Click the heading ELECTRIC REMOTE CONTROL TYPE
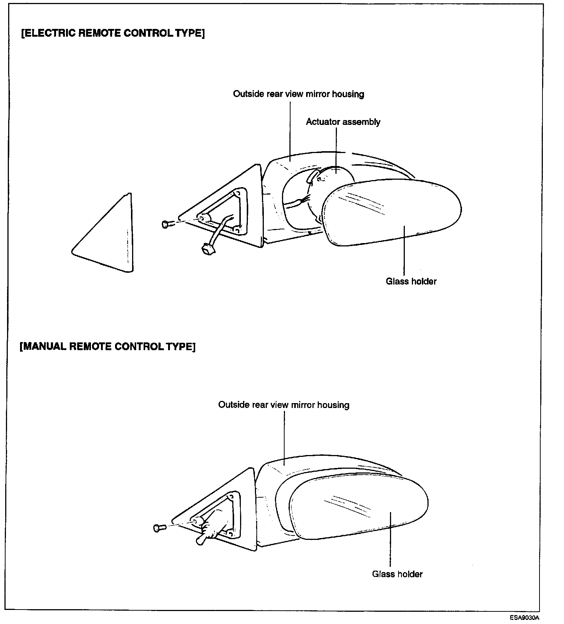[x=113, y=33]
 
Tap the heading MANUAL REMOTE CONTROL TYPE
[x=107, y=346]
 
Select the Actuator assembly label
[x=343, y=122]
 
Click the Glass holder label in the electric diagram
[x=411, y=281]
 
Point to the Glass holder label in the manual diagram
[x=397, y=574]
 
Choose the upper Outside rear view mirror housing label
[x=298, y=94]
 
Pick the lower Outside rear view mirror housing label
[x=283, y=405]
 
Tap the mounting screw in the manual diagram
[x=158, y=528]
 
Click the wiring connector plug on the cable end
[x=207, y=250]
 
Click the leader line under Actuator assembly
[x=336, y=148]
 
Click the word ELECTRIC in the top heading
[x=49, y=33]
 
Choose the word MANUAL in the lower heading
[x=45, y=346]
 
